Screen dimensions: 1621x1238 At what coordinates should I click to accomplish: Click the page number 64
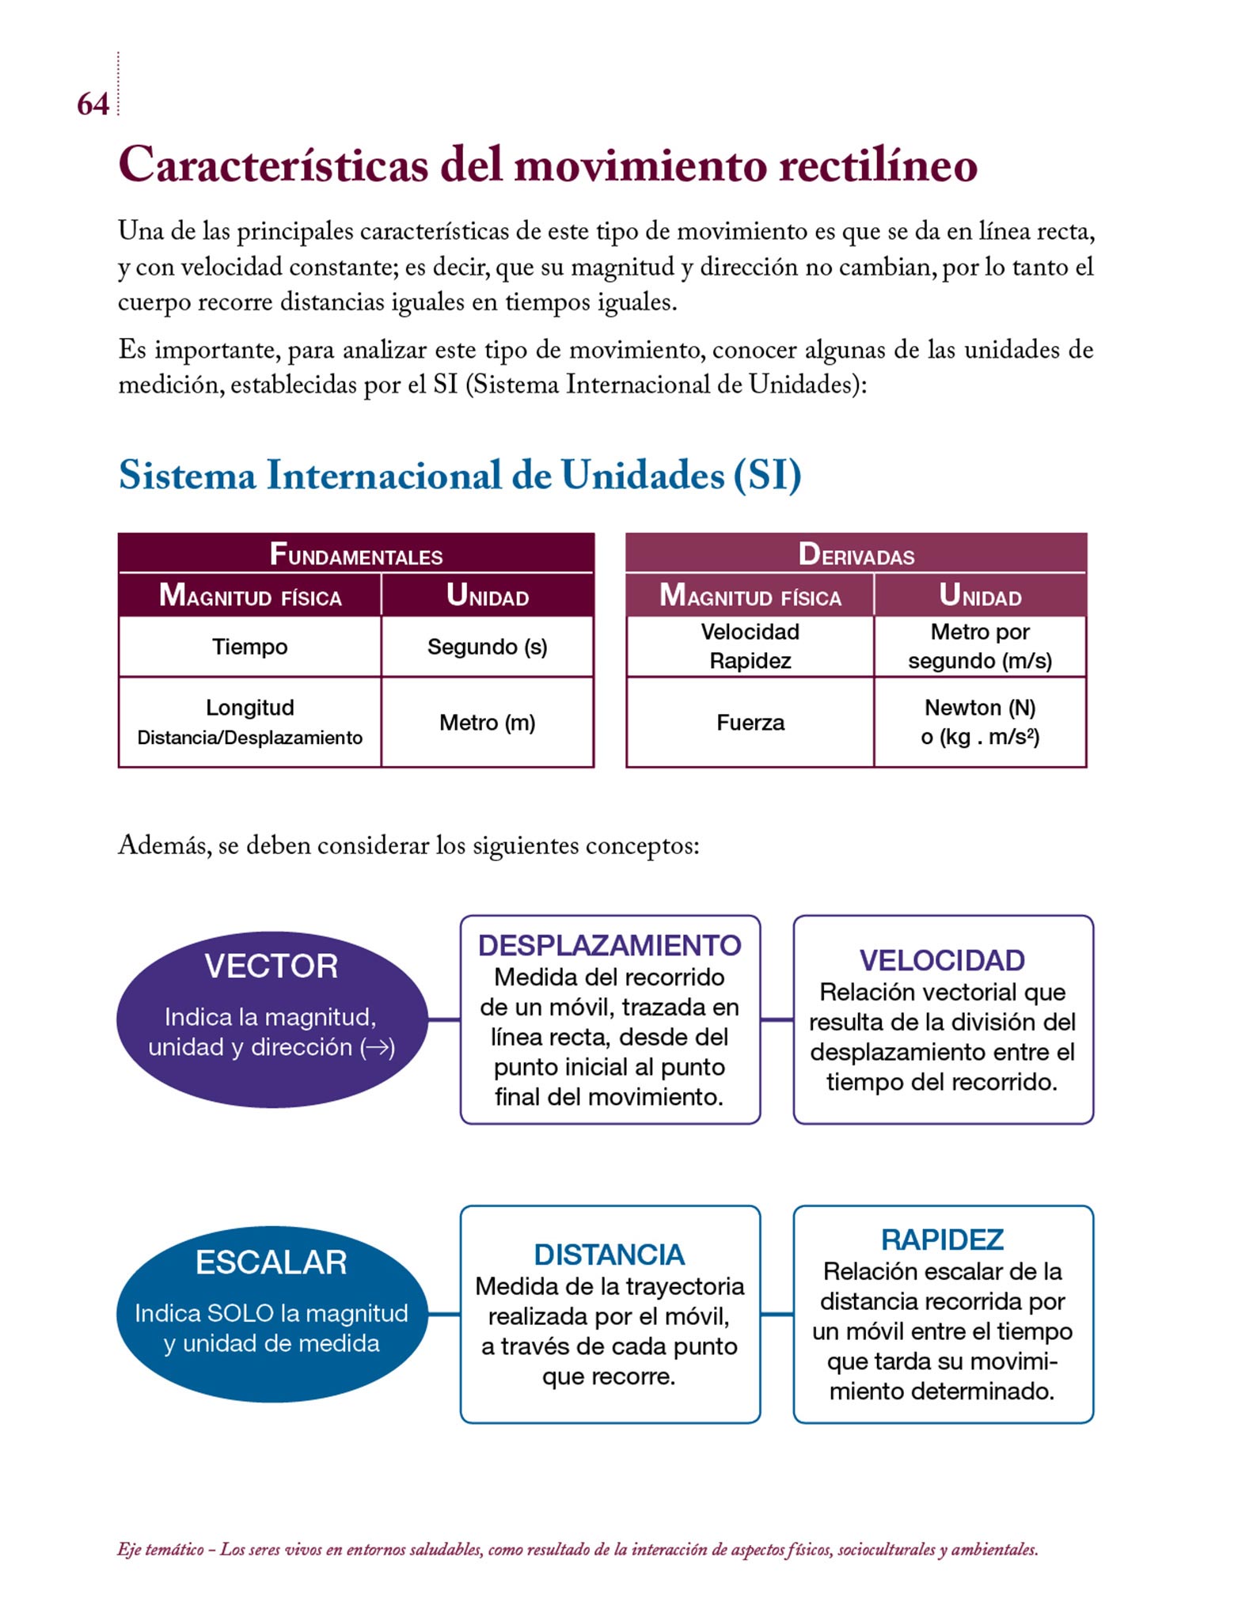[x=93, y=104]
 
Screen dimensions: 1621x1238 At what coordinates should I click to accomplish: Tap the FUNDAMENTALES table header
[x=356, y=554]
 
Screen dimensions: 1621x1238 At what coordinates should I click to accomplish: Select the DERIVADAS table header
[x=856, y=554]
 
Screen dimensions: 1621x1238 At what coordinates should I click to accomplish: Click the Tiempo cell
[x=249, y=647]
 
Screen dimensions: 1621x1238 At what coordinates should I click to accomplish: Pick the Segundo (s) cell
[x=487, y=647]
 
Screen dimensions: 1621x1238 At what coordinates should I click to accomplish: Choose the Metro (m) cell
[x=487, y=723]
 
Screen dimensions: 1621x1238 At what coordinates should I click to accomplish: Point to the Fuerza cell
[x=750, y=723]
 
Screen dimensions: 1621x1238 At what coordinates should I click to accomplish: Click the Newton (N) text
[x=980, y=708]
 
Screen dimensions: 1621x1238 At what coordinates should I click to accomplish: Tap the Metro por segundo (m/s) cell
[x=980, y=646]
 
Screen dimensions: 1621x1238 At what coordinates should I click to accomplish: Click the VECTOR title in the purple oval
[x=271, y=966]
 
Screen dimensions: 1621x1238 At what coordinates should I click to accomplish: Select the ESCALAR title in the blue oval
[x=271, y=1262]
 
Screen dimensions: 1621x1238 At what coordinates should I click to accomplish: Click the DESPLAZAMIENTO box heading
[x=610, y=945]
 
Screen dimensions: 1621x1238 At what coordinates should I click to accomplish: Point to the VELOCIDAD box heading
[x=942, y=960]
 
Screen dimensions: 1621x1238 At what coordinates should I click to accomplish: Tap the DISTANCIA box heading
[x=610, y=1255]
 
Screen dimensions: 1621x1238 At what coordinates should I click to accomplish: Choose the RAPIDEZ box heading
[x=942, y=1239]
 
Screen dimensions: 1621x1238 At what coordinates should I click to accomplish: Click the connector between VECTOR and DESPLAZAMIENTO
[x=444, y=1019]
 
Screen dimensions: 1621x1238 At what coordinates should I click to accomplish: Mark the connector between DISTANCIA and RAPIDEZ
[x=777, y=1315]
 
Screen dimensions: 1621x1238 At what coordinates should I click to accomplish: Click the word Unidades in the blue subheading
[x=643, y=476]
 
